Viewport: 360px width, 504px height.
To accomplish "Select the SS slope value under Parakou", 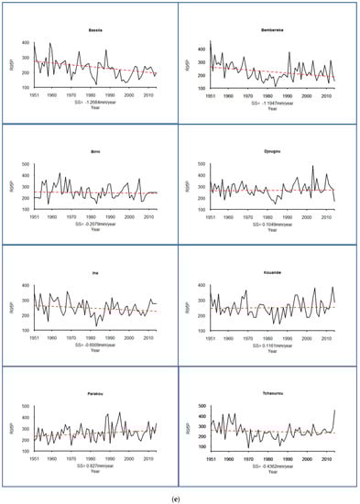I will [93, 466].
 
